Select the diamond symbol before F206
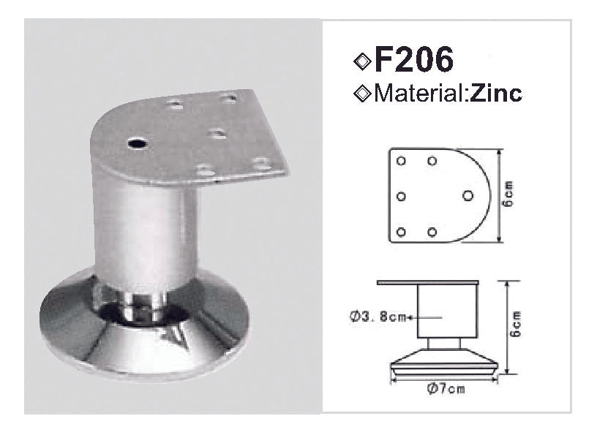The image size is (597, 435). tap(362, 61)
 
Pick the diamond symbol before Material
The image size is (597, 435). tap(361, 94)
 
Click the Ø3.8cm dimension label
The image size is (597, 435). tap(378, 317)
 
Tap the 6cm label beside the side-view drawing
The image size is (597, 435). tap(515, 324)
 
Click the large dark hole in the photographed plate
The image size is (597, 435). tap(136, 143)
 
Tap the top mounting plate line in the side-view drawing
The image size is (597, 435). tap(428, 281)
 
